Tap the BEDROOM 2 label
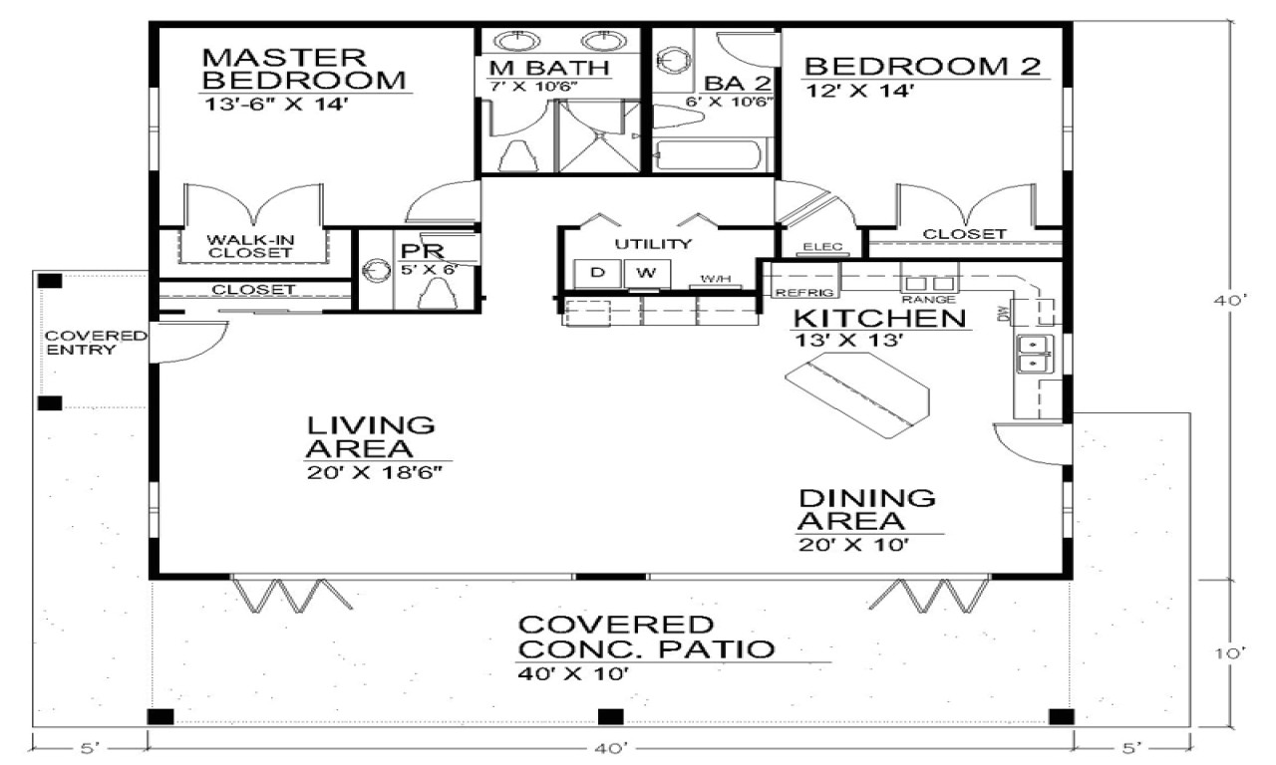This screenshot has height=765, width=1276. (922, 67)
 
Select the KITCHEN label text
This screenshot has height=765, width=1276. (879, 319)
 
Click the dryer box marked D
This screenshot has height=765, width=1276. (598, 272)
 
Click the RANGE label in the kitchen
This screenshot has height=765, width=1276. (929, 299)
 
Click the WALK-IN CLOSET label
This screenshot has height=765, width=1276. (250, 246)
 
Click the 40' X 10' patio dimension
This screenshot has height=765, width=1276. (572, 674)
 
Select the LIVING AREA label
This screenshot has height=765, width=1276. (371, 436)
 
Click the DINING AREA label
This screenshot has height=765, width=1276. (867, 509)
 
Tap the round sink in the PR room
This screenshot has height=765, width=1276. (378, 271)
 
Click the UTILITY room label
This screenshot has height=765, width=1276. (653, 244)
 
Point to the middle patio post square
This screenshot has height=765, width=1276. (610, 716)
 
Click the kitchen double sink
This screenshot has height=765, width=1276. (1034, 355)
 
